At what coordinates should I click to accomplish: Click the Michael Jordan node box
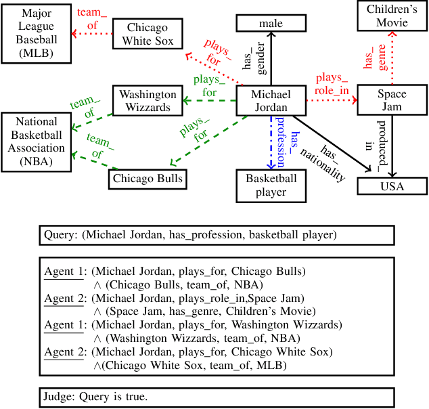pos(270,101)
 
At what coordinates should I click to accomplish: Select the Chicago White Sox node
pos(147,34)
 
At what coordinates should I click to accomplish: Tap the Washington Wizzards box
pos(147,101)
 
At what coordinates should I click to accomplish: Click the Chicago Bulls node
pos(147,179)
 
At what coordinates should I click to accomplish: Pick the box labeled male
pos(270,24)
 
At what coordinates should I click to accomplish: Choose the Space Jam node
pos(392,100)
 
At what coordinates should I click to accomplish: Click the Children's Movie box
pos(392,16)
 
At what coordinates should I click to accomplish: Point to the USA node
pos(392,186)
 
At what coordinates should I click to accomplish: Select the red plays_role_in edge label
pos(332,83)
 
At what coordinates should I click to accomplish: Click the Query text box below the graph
pos(217,235)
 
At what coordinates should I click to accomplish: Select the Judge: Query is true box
pos(217,396)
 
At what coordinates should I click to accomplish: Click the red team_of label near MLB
pos(88,19)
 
